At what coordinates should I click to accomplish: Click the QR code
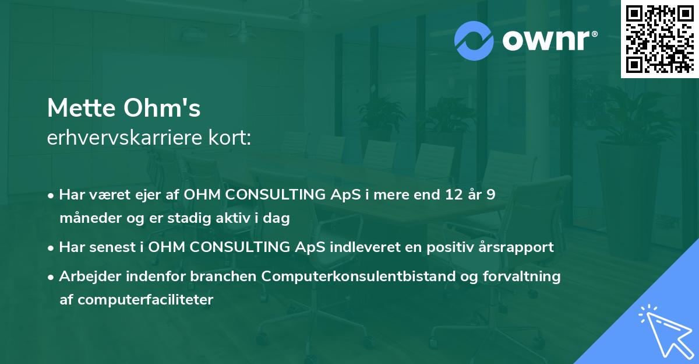click(659, 39)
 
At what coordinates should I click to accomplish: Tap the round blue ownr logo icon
click(474, 41)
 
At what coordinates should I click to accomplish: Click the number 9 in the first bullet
click(490, 194)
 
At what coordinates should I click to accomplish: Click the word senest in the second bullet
click(112, 247)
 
